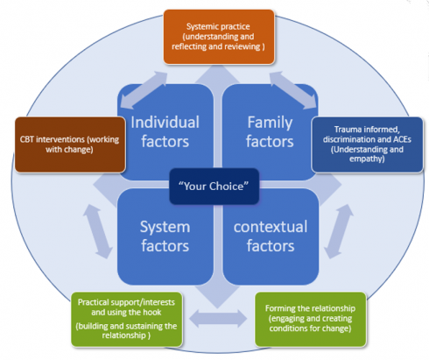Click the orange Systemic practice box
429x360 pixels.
click(219, 37)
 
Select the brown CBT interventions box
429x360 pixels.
click(70, 145)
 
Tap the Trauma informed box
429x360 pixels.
click(368, 145)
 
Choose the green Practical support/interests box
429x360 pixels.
click(127, 319)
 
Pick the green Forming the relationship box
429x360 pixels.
click(311, 319)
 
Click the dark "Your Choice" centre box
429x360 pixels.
click(214, 187)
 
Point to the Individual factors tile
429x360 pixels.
click(165, 132)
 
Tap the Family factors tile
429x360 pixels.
click(270, 132)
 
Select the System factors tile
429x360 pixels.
click(165, 236)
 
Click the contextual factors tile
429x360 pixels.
click(271, 236)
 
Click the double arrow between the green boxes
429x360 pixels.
click(218, 318)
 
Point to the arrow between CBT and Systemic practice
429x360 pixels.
click(144, 90)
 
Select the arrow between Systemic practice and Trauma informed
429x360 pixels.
click(293, 90)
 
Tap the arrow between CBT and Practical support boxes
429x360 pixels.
click(98, 231)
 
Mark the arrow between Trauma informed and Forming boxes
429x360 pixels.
click(339, 231)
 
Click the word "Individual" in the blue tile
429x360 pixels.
click(165, 122)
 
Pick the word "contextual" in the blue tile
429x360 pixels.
click(271, 227)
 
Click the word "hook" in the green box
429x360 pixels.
click(151, 312)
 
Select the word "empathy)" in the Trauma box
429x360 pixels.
click(367, 159)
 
